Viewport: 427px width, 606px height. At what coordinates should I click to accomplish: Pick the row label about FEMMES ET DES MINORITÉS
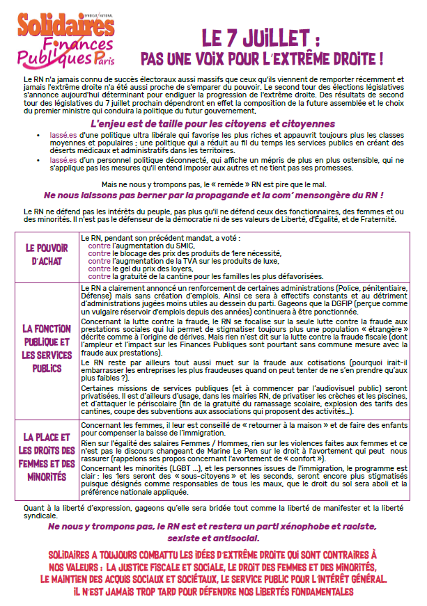(48, 457)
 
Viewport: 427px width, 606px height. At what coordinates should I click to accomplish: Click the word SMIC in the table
(179, 246)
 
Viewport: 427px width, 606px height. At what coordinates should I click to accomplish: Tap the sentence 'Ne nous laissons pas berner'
(213, 196)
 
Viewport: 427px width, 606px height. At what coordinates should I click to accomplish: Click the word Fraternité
(374, 218)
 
